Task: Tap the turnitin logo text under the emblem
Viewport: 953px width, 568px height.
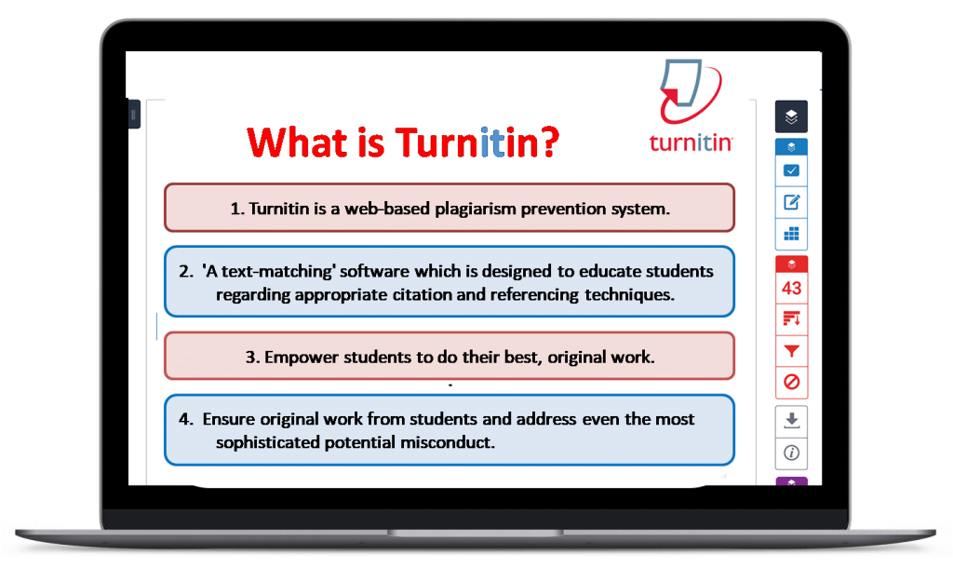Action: [x=691, y=142]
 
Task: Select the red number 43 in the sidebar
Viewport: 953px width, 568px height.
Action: [x=791, y=288]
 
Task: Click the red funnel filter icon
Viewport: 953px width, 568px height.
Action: [x=791, y=351]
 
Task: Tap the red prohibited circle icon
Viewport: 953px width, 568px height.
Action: [x=791, y=382]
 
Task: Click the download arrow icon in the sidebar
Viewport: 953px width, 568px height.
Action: [x=791, y=420]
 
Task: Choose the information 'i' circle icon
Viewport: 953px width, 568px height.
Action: [x=791, y=453]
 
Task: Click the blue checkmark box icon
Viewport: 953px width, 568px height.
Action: [x=791, y=170]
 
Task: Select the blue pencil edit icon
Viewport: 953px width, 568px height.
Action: [x=791, y=202]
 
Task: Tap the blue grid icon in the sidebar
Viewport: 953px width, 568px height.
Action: [x=791, y=234]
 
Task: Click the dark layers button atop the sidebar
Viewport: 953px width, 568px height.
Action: [x=791, y=116]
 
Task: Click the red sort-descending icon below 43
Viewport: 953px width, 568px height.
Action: [x=791, y=319]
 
